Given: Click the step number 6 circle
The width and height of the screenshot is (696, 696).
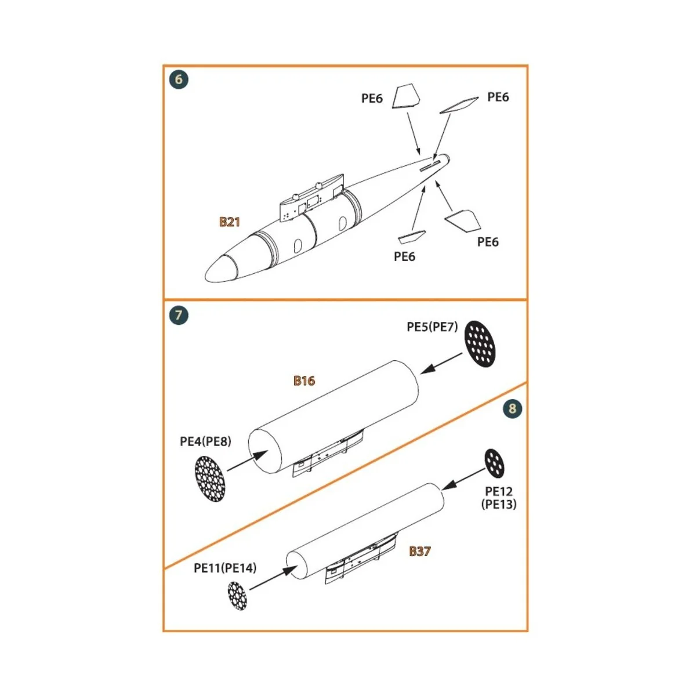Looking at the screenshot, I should tap(179, 79).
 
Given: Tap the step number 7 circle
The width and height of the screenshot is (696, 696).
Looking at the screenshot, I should tap(179, 316).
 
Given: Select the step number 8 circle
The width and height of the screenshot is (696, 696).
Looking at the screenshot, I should tap(512, 408).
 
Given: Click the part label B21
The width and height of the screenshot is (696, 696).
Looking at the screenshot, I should tap(229, 222).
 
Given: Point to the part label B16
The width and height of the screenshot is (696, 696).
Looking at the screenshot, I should tap(304, 380).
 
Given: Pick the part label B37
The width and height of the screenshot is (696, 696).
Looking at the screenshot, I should tap(419, 551).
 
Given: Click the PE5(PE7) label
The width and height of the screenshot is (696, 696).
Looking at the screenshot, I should tap(432, 327).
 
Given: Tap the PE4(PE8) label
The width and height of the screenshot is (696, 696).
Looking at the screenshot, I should tap(205, 441).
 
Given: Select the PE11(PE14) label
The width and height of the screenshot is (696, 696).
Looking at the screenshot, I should tap(225, 568).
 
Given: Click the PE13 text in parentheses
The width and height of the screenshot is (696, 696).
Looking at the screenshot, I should tap(499, 504).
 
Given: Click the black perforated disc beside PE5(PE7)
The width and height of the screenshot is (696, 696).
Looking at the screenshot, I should tap(481, 343).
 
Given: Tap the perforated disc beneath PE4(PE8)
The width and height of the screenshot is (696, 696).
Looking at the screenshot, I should tap(210, 479).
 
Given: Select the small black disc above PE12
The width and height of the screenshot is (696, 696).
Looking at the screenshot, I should tap(494, 463).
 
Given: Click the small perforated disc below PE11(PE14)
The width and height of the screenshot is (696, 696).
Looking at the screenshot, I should tap(237, 597).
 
